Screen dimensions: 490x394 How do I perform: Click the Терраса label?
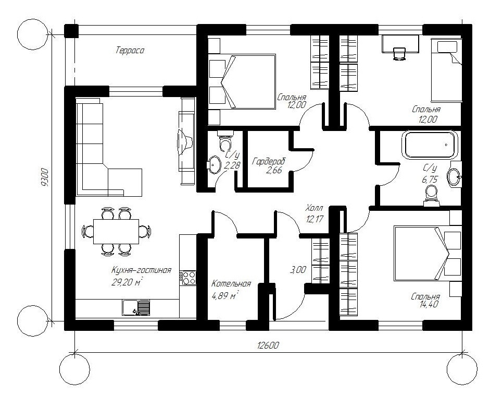tap(129, 51)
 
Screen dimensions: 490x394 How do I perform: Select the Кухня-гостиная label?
tap(141, 270)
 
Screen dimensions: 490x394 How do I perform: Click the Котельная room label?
tap(231, 284)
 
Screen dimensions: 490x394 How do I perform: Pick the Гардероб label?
tap(268, 161)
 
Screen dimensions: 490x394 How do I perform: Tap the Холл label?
tap(314, 208)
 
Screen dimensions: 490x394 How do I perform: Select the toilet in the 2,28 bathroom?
tap(225, 142)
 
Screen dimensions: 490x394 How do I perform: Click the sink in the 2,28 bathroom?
tap(215, 164)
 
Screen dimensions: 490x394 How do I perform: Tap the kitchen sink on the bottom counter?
tap(136, 307)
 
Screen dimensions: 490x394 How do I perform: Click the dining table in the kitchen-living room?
tap(116, 231)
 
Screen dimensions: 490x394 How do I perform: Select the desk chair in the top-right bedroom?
tap(399, 52)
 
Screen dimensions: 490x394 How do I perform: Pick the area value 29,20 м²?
tap(127, 282)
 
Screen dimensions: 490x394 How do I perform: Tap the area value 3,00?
tap(298, 270)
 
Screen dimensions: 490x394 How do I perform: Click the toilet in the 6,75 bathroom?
tap(431, 195)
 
